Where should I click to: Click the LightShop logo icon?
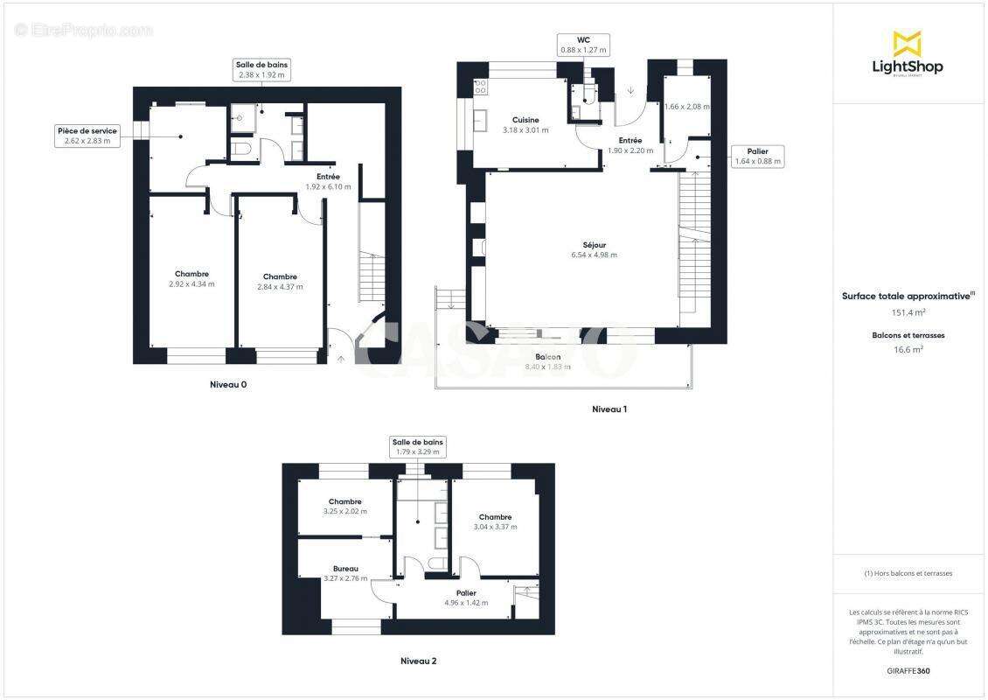(x=907, y=43)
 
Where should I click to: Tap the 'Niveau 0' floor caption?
(x=234, y=384)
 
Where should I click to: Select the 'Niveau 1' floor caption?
(x=609, y=409)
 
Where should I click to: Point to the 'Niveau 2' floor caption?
(x=418, y=661)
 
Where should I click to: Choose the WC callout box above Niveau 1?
(x=583, y=45)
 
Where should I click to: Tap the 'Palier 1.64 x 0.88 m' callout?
(x=757, y=156)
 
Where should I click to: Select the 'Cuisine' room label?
(x=525, y=120)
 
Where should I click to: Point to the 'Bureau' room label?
(x=344, y=569)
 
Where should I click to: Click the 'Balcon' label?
(x=548, y=358)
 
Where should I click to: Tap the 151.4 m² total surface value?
(x=907, y=312)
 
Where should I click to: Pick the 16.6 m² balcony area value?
(x=907, y=349)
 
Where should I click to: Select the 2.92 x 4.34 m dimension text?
(x=191, y=284)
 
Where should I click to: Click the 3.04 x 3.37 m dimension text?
(x=495, y=527)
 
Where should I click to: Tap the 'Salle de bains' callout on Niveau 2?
(x=418, y=447)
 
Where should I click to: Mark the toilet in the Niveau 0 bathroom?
(x=243, y=150)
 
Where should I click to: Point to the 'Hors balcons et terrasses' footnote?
(x=908, y=573)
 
